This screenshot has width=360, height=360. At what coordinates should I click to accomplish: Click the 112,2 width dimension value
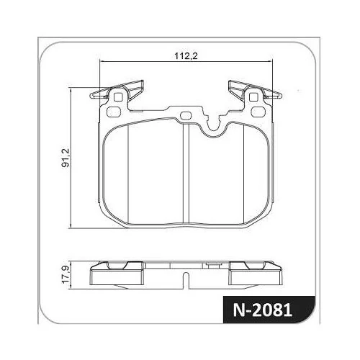(x=186, y=56)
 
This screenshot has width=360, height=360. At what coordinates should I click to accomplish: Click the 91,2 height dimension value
(x=66, y=158)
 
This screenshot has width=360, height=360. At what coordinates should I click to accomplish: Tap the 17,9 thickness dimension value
(x=66, y=274)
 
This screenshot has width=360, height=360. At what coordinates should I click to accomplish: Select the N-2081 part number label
(x=263, y=310)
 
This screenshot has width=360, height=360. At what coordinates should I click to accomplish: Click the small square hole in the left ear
(x=117, y=97)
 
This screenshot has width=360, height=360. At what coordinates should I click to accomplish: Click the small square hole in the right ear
(x=253, y=97)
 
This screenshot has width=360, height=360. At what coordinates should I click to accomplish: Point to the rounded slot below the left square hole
(x=113, y=112)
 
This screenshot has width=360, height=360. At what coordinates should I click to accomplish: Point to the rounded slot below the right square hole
(x=258, y=112)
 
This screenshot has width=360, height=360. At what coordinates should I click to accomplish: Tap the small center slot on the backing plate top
(x=185, y=115)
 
